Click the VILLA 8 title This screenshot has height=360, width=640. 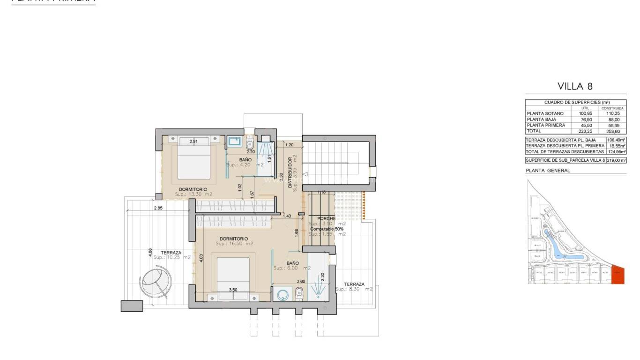(x=575, y=86)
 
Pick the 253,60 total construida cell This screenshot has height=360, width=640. (x=612, y=131)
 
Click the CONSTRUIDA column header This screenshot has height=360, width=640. (x=612, y=108)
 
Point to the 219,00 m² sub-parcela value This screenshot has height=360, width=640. (x=616, y=160)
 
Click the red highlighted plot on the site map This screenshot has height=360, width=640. (x=618, y=275)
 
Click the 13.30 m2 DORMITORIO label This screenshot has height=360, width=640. (x=193, y=192)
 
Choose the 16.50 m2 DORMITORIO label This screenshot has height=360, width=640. (x=234, y=241)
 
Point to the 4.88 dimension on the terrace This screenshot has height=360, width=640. (x=150, y=252)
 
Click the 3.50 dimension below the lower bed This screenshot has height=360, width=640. (x=233, y=290)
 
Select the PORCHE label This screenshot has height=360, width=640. (x=326, y=218)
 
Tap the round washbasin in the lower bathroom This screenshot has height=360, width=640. (x=283, y=294)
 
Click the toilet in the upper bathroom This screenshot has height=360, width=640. (x=250, y=141)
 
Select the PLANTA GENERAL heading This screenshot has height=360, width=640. (x=548, y=171)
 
